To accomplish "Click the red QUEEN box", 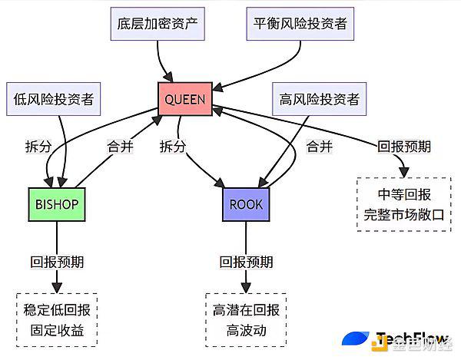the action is pos(185,99).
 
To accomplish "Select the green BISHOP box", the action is pos(57,204).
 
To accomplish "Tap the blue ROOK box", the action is pos(246,204).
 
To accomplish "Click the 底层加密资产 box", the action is pos(158,24).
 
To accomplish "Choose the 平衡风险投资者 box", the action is pos(300,24).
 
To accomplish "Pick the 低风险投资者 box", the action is pos(54,99).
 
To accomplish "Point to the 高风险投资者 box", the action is pos(320,99).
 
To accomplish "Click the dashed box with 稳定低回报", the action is pos(57,320).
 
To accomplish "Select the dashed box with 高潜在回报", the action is pos(246,320).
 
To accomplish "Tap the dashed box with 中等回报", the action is pos(404,204).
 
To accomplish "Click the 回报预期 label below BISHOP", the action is pos(57,262).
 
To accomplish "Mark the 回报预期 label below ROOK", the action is pos(247,262).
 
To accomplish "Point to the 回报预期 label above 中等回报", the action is pos(404,147).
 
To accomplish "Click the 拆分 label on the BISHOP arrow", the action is pos(38,147).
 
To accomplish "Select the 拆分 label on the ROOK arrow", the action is pos(173,147).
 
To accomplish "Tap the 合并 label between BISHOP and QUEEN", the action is pos(121,147).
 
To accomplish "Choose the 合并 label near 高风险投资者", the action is pos(320,147).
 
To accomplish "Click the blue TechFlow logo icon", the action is pos(356,339).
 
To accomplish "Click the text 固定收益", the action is pos(57,330).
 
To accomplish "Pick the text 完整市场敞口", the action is pos(404,215).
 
